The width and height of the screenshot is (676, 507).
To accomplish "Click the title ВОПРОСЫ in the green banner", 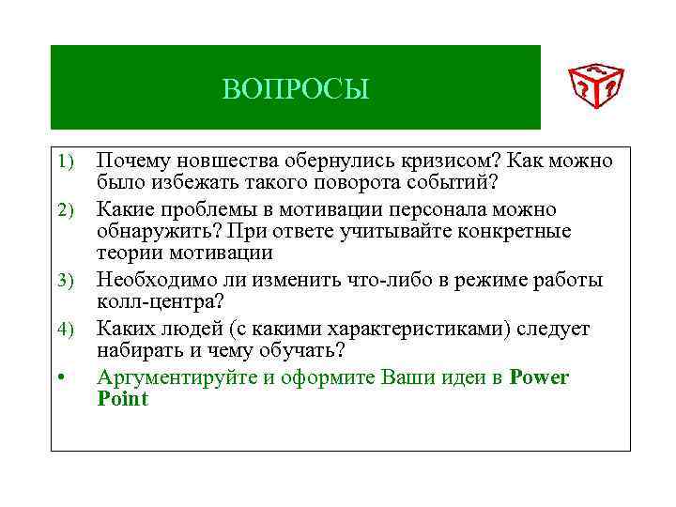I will (296, 89).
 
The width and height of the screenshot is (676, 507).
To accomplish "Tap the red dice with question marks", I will (598, 87).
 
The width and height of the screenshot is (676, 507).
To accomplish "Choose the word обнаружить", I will (141, 231).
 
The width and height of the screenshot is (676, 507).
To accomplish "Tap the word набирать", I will (133, 350).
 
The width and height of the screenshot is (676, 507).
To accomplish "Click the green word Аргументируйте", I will (175, 377).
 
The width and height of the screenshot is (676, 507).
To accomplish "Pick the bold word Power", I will (539, 377).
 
